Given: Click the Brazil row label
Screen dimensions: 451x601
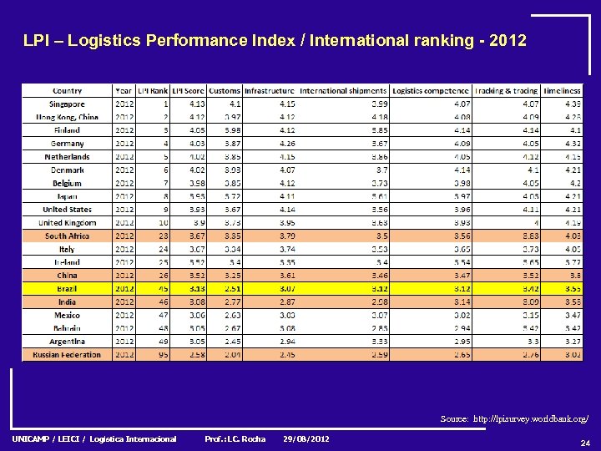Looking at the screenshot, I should click(x=67, y=289).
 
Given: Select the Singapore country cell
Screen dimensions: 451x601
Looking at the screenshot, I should click(x=67, y=104).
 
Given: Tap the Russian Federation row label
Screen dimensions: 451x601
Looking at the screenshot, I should click(x=67, y=355).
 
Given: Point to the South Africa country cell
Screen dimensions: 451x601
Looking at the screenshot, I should click(x=67, y=236).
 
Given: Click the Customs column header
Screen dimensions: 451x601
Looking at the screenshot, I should click(x=225, y=91).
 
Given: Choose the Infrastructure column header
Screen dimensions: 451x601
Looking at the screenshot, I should click(x=270, y=91).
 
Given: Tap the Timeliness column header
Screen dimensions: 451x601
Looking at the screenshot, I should click(x=562, y=91).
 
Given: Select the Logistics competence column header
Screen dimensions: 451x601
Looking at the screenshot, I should click(x=431, y=91).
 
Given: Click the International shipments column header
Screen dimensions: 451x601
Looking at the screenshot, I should click(x=343, y=91).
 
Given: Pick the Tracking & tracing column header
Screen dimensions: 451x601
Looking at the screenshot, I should click(x=507, y=91).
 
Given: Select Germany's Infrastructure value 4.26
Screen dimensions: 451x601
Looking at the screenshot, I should click(x=286, y=144).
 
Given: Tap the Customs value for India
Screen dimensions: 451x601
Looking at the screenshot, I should click(x=232, y=302).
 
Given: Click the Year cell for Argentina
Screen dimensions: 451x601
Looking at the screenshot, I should click(x=124, y=342).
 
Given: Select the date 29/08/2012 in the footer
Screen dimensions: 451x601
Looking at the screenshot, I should click(x=306, y=439).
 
